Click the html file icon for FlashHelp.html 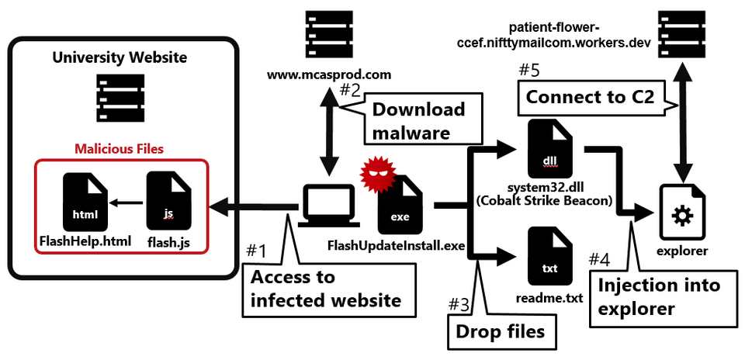[85, 202]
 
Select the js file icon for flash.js [168, 202]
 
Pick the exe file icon [400, 205]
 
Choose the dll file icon [549, 149]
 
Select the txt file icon [549, 257]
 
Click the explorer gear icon [683, 212]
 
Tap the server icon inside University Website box [120, 98]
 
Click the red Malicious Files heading [119, 149]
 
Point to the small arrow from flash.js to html [126, 203]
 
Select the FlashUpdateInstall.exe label [396, 246]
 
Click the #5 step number [528, 69]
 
